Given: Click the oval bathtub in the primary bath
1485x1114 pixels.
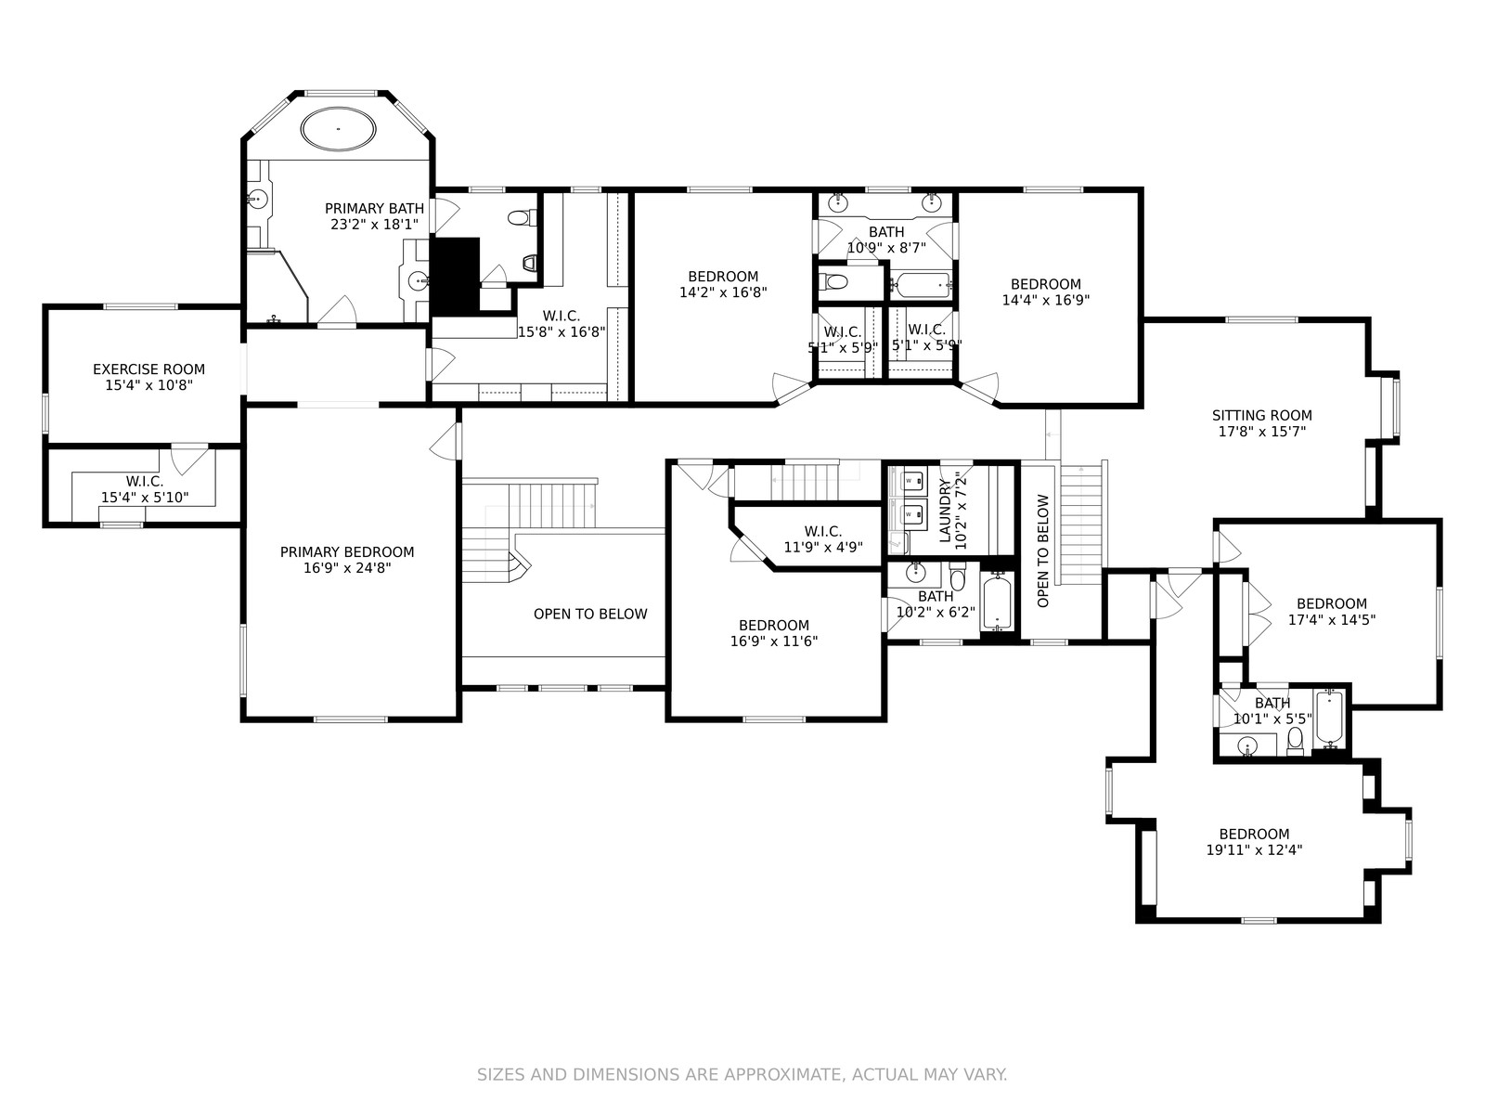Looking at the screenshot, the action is [338, 127].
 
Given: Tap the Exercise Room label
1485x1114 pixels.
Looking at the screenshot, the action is [148, 369].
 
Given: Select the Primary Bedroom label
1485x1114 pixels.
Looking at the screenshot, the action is [347, 552].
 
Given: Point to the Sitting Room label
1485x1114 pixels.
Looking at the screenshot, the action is [1261, 415].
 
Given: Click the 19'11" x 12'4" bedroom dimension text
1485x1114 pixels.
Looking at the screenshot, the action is [1254, 850].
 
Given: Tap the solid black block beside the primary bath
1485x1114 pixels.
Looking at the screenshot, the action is [456, 276].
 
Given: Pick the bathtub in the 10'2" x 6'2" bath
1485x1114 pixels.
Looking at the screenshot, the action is [997, 602].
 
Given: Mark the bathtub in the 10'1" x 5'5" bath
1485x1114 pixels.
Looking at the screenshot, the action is [1329, 717].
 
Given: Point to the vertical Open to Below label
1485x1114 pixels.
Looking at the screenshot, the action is [1042, 551].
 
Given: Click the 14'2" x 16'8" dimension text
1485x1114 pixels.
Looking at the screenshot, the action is [723, 292].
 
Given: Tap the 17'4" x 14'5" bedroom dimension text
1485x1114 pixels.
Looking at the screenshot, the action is [1332, 619].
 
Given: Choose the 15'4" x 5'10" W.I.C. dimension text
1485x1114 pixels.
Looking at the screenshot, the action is [145, 498].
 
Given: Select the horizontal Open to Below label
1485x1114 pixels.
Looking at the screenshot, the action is [590, 615].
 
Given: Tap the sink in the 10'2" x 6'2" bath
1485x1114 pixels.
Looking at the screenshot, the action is [915, 573].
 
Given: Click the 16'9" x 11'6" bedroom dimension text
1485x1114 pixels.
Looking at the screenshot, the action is [774, 641].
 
